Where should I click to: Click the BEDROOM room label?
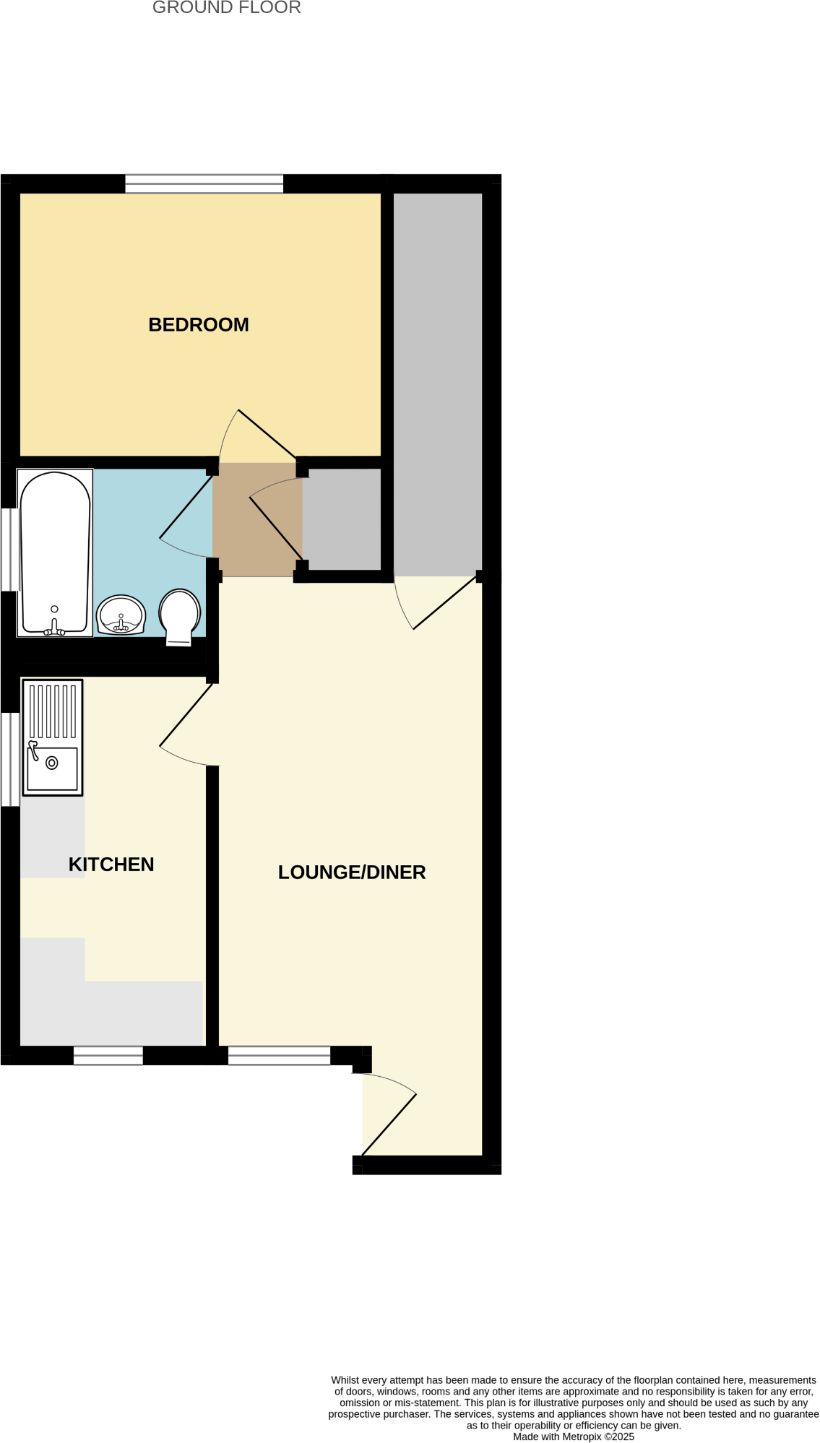(x=199, y=325)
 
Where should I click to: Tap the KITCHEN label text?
(x=111, y=864)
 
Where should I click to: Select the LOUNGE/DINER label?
(x=352, y=872)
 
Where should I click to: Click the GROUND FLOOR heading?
(x=226, y=8)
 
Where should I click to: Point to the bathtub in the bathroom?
(x=55, y=552)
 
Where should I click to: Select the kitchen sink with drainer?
(x=53, y=737)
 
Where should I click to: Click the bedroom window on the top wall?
(x=204, y=184)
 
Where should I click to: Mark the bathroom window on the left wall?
(x=9, y=550)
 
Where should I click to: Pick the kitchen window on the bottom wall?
(x=108, y=1055)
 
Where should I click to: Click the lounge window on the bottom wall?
(x=280, y=1055)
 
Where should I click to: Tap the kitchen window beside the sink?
(x=9, y=759)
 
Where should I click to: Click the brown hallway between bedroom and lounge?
(x=256, y=519)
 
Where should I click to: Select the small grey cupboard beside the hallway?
(x=342, y=519)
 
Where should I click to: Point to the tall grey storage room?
(x=438, y=383)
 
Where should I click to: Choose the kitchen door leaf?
(x=186, y=714)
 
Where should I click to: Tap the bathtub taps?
(x=54, y=630)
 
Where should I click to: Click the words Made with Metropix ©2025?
(x=574, y=1436)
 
